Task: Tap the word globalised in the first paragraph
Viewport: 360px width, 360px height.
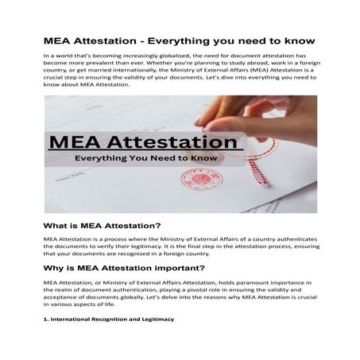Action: (x=170, y=57)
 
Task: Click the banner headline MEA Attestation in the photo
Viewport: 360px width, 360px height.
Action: (x=135, y=144)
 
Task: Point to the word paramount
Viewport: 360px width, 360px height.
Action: (x=242, y=283)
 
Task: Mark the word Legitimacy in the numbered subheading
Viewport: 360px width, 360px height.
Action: (x=154, y=319)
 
